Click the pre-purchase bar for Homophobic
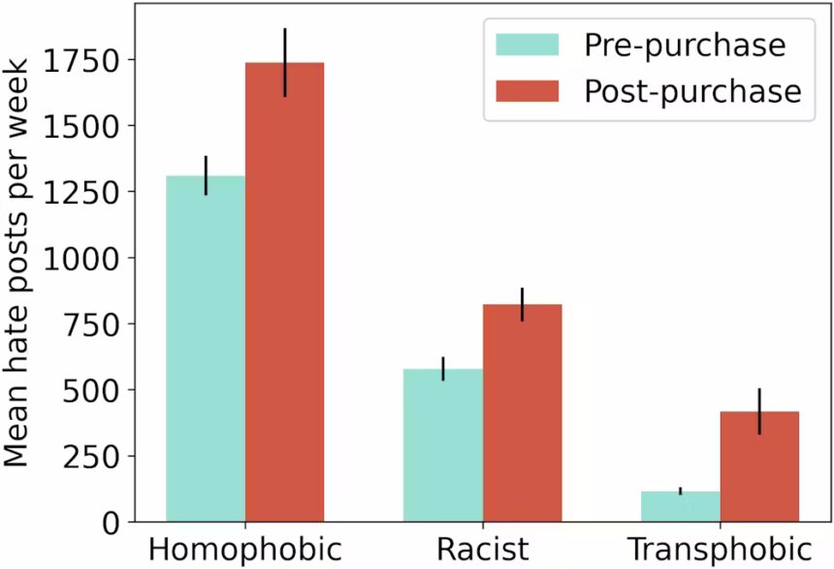tap(206, 349)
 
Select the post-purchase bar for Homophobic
tap(284, 291)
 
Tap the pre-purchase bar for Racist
tap(443, 446)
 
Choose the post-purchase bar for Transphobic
tap(759, 466)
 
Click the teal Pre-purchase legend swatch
tap(527, 45)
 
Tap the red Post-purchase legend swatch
tap(527, 91)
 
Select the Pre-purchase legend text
tap(684, 45)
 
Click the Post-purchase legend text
tap(692, 91)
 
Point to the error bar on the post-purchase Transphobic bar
tap(759, 411)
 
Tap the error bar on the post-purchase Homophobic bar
tap(284, 62)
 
